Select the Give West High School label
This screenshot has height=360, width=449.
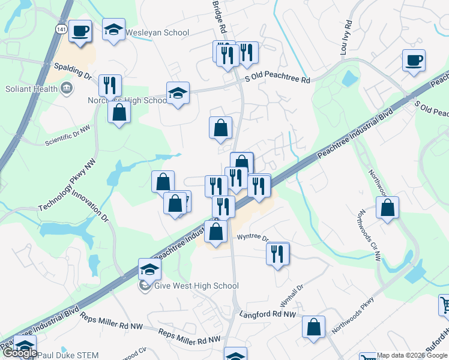196,286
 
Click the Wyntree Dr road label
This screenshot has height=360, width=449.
253,238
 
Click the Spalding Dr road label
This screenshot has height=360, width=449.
73,72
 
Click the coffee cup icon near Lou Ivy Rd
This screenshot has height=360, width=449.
414,61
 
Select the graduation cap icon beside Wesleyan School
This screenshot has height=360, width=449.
113,30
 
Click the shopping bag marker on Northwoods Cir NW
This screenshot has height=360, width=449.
388,208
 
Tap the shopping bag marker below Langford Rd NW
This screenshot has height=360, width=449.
313,327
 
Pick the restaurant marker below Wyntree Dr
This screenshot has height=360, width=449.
277,254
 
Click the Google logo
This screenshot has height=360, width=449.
20,353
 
